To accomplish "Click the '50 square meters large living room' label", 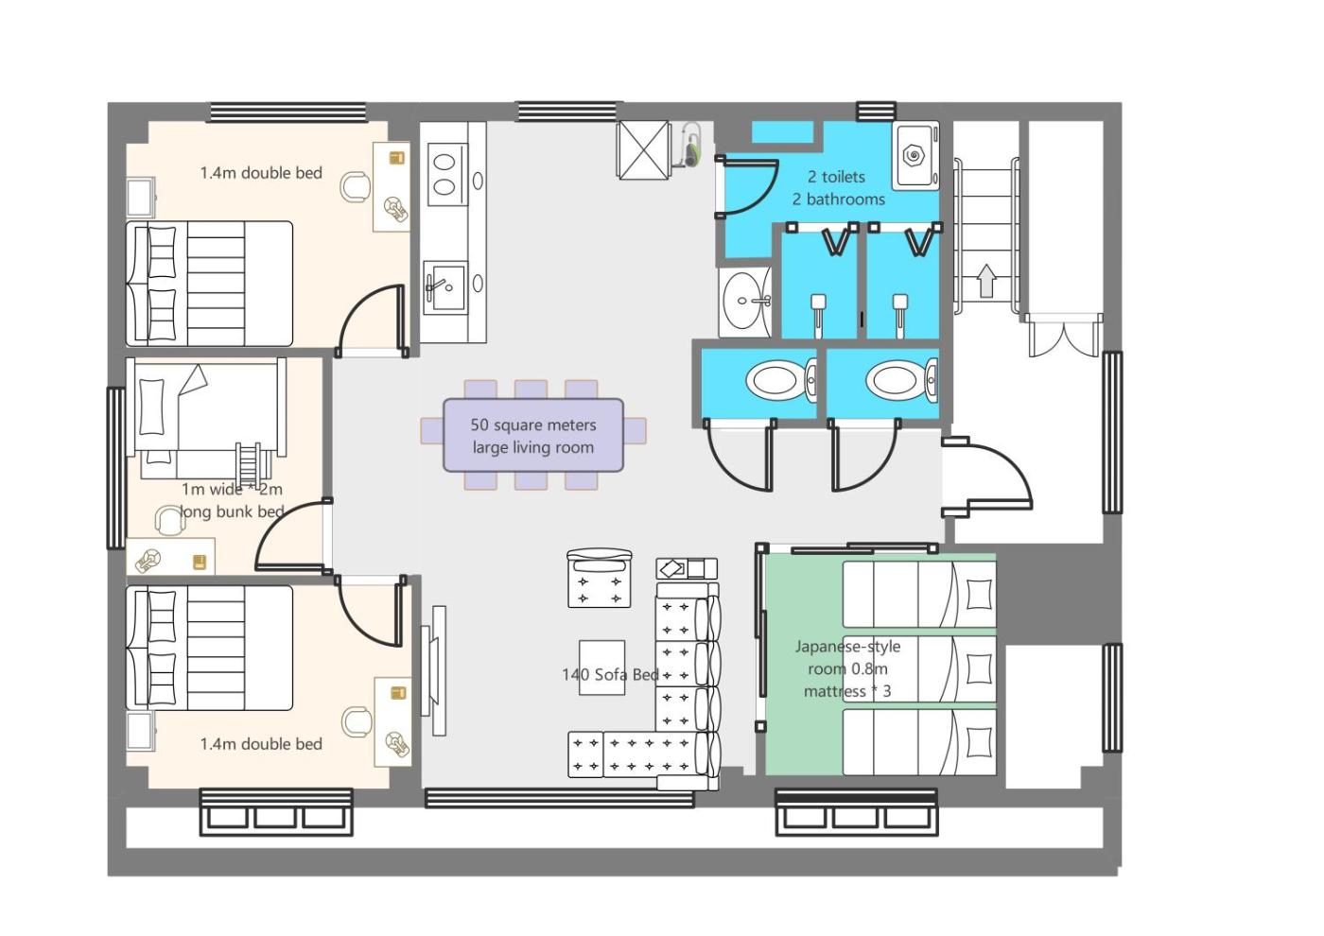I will tap(532, 436).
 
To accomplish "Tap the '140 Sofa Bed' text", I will tap(610, 674).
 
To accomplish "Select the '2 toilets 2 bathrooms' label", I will tap(838, 187).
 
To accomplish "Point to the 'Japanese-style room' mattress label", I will tap(847, 668).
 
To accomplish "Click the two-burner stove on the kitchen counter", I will tap(444, 174).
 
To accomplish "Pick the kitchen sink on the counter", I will tap(444, 286).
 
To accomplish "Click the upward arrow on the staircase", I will tap(986, 280).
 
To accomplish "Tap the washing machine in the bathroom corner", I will tap(915, 155).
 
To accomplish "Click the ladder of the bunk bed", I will tap(249, 463).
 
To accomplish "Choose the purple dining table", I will tap(533, 435).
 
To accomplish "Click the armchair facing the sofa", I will tap(599, 578).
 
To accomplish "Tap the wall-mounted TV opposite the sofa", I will tap(437, 670).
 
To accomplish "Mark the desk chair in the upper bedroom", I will tap(356, 185).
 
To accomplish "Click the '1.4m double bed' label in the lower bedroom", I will tap(261, 744).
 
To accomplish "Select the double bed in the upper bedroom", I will tap(210, 284).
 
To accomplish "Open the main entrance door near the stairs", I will tap(988, 477).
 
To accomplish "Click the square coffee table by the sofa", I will tap(601, 667).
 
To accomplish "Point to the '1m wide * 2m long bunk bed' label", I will tap(231, 500).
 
